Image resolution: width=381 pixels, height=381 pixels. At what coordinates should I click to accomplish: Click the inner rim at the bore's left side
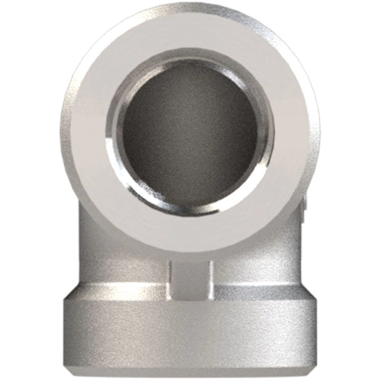tap(114, 133)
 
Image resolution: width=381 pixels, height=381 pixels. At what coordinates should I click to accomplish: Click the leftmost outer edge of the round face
tap(62, 133)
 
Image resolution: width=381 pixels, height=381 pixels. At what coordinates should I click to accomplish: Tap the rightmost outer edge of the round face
tap(318, 133)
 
